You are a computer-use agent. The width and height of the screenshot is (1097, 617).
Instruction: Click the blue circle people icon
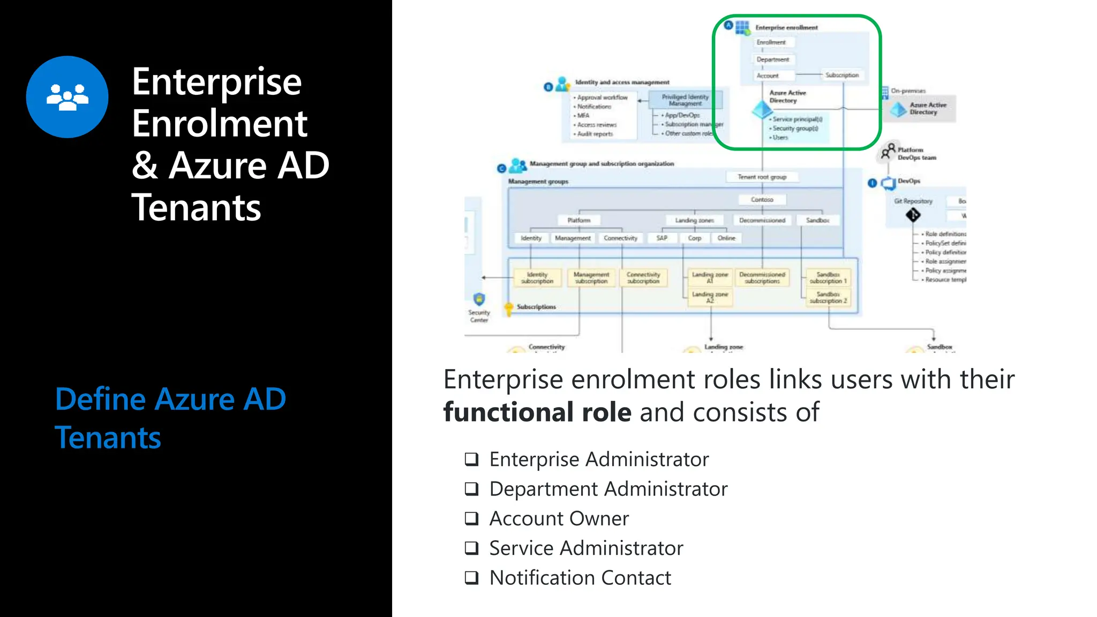pos(67,97)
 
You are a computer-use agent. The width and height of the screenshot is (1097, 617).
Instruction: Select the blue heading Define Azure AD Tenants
pos(170,418)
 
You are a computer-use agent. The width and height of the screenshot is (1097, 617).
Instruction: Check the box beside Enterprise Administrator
pos(471,459)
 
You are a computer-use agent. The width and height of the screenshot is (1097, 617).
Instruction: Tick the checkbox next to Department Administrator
pos(471,488)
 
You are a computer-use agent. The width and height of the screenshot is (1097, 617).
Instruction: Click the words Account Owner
pos(559,518)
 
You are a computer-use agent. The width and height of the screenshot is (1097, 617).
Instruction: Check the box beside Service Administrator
pos(471,548)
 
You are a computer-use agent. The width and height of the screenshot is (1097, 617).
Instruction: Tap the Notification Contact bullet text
pos(580,578)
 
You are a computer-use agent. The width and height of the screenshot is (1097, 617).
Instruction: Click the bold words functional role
pos(537,412)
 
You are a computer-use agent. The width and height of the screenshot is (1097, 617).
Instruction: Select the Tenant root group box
pos(762,177)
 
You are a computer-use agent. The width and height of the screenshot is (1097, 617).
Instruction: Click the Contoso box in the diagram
pos(762,199)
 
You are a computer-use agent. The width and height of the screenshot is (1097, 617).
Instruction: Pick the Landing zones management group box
pos(694,220)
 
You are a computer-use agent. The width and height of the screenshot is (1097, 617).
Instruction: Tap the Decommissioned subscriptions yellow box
pos(762,277)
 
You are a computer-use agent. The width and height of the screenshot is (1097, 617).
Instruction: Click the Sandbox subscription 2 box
pos(828,298)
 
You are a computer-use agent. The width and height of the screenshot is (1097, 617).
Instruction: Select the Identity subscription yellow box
pos(537,277)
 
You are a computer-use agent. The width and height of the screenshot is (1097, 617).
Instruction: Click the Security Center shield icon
pos(479,299)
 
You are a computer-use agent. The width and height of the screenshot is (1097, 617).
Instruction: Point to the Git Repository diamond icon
pos(913,215)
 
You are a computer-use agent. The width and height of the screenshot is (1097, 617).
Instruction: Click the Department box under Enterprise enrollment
pos(772,59)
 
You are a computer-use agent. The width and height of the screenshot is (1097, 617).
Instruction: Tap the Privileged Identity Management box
pos(685,100)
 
